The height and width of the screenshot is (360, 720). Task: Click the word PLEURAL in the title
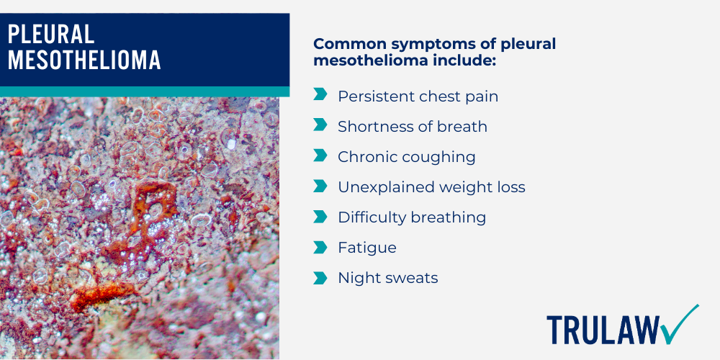click(x=51, y=35)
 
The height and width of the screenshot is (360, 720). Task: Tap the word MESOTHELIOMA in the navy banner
click(x=84, y=60)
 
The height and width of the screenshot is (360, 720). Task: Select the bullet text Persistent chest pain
click(x=418, y=96)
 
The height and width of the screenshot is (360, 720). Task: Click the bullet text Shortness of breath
click(x=413, y=126)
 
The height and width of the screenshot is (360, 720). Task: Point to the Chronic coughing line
click(x=407, y=156)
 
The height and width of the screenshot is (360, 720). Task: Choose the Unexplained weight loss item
click(x=431, y=187)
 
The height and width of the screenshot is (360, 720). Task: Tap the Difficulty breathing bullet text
click(x=412, y=217)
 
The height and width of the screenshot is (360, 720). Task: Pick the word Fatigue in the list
click(x=367, y=248)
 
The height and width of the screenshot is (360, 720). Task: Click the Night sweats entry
click(x=387, y=278)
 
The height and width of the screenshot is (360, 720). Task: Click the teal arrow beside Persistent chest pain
click(x=320, y=95)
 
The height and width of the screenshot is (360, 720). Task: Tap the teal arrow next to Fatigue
click(x=320, y=247)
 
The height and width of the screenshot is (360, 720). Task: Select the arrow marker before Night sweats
click(x=320, y=277)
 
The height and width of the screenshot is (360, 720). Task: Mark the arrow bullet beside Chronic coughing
click(x=320, y=156)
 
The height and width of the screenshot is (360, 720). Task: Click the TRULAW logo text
click(x=602, y=330)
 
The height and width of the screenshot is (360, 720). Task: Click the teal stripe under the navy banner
click(x=144, y=91)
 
